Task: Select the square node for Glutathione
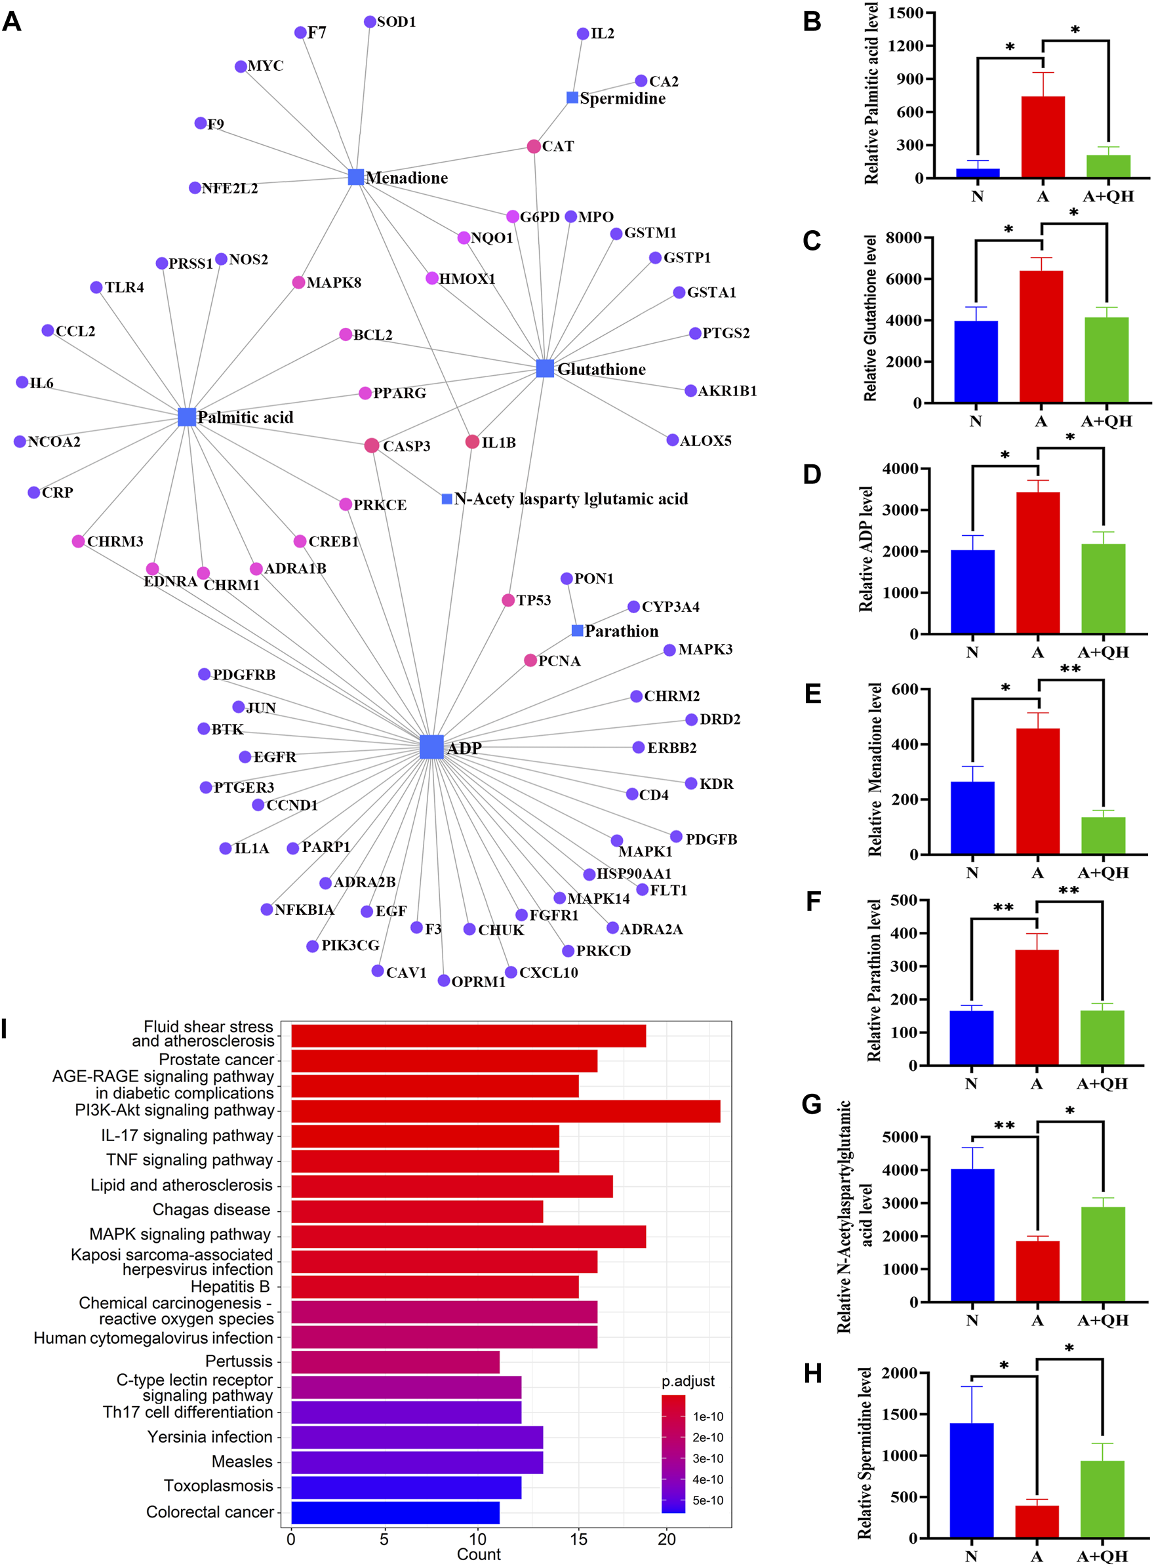(544, 368)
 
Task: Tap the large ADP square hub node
(431, 747)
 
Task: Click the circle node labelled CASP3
(372, 446)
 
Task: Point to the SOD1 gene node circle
(370, 22)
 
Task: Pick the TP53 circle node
(508, 600)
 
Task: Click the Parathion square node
(577, 631)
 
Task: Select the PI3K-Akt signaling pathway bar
(505, 1112)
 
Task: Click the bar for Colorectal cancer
(395, 1512)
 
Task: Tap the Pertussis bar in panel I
(395, 1362)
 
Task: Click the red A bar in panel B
(1043, 137)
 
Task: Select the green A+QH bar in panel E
(1103, 835)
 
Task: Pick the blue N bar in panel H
(971, 1480)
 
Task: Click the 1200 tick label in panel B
(905, 46)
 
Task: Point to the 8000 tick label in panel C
(904, 238)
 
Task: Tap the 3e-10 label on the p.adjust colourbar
(707, 1458)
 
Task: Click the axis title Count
(479, 1554)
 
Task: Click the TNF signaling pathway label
(189, 1160)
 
